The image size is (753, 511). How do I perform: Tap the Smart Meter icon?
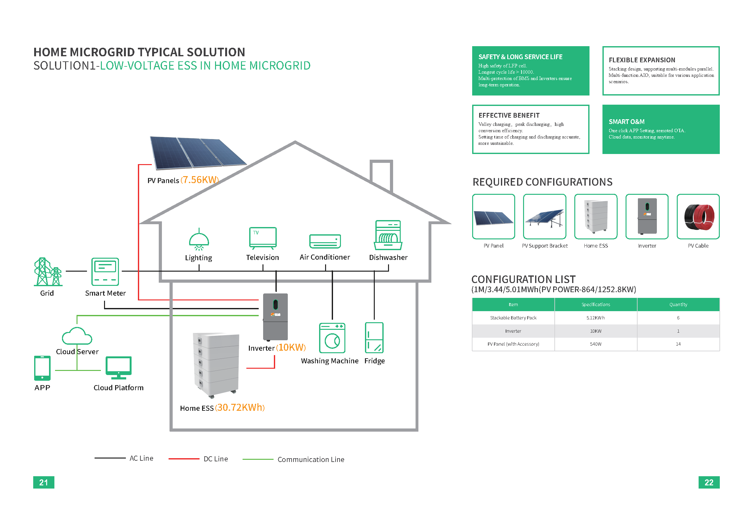105,272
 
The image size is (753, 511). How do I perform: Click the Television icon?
263,238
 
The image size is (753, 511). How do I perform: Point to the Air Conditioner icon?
325,241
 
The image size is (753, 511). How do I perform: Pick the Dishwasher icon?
388,235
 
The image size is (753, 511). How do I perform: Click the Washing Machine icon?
332,338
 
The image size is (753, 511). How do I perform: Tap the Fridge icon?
374,337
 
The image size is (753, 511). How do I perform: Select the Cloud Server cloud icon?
77,336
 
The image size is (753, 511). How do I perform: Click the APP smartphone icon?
42,368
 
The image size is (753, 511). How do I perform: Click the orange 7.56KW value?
200,180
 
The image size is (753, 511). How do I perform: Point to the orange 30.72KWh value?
240,407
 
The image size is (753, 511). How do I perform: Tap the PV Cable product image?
698,217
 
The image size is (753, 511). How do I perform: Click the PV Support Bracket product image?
544,217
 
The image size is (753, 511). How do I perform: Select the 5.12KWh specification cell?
595,318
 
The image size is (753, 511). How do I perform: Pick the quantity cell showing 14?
678,344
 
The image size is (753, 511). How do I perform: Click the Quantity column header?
678,305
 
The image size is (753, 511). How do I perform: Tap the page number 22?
709,482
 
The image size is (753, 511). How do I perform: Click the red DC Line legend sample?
184,459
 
